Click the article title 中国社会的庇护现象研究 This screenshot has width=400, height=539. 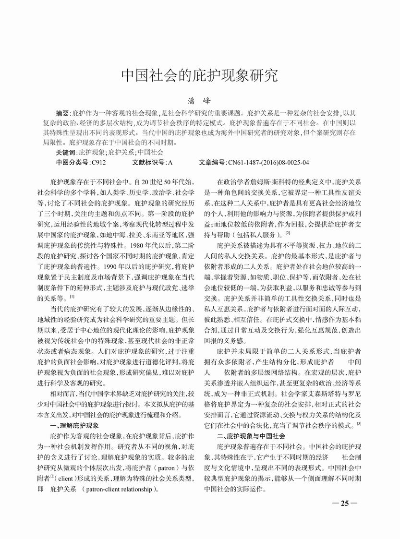tap(199, 75)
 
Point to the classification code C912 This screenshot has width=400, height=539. tap(98, 163)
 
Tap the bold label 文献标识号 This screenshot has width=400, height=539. tap(148, 163)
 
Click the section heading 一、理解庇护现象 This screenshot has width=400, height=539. tap(74, 426)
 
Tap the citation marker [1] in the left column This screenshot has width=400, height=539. tap(72, 297)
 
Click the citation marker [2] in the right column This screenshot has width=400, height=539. tap(287, 233)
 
